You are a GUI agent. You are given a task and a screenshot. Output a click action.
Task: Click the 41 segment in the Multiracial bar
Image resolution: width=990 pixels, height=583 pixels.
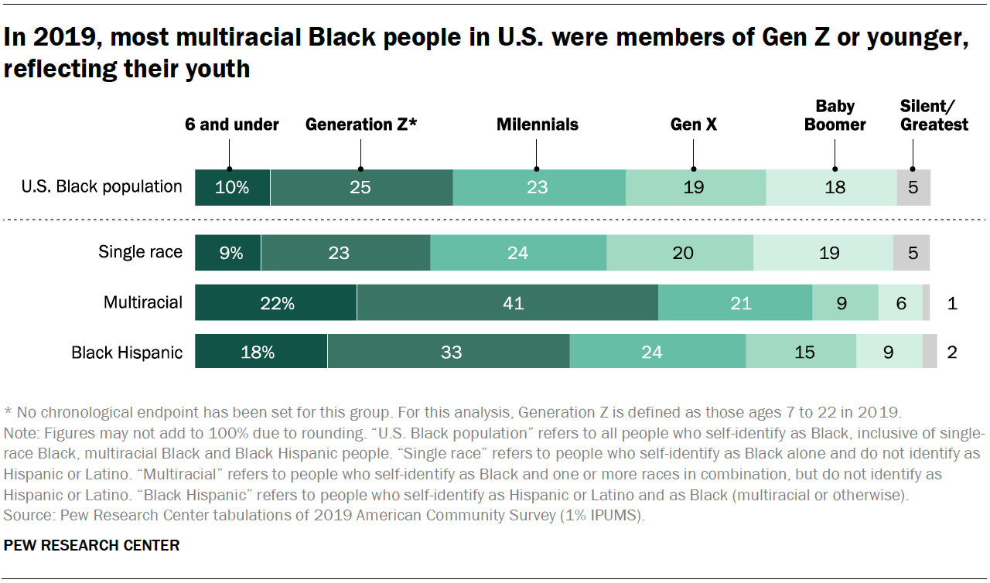(507, 303)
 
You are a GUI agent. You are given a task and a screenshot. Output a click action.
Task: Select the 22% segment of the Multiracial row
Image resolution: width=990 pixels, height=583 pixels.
(276, 303)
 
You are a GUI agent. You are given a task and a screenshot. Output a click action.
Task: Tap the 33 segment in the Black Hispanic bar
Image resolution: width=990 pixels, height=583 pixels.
(449, 352)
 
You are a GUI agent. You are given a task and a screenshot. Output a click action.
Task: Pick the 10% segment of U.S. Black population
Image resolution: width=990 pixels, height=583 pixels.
(232, 187)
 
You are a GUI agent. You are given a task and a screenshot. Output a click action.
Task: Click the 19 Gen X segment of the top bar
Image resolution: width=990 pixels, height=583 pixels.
(695, 187)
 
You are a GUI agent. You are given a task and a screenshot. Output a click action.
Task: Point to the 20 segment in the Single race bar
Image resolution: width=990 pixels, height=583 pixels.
(680, 253)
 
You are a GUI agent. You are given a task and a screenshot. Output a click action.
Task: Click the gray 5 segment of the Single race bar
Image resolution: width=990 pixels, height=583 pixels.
(911, 253)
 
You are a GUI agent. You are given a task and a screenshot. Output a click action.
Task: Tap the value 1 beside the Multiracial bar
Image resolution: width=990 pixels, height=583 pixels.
(952, 303)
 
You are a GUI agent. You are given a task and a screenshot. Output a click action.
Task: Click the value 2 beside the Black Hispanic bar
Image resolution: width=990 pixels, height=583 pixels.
(952, 352)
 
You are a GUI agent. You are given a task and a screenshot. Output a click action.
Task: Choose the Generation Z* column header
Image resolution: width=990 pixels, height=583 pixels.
(361, 124)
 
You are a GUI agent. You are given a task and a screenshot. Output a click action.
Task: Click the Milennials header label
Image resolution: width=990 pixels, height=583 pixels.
(538, 124)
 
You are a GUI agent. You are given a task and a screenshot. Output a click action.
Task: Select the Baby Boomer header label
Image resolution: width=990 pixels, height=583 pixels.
(835, 115)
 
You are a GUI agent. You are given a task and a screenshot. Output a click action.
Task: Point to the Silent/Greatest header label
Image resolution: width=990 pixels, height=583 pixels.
(934, 115)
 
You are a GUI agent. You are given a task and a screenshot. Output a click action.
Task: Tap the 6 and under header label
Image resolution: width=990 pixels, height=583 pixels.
(231, 124)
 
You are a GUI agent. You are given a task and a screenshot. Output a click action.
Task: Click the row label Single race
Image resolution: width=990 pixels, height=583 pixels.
(140, 252)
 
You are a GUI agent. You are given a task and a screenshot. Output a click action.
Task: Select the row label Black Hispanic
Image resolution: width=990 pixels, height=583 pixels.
(127, 353)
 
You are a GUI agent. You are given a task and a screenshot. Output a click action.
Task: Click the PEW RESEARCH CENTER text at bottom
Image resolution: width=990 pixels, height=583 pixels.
(91, 545)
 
